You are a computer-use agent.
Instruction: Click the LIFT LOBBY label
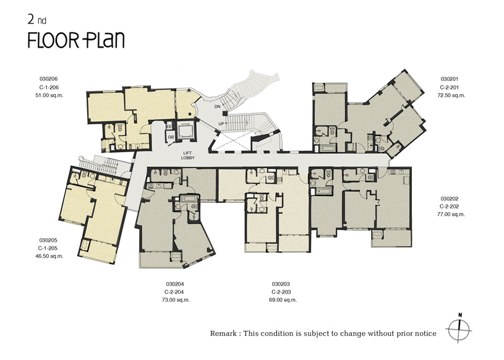(x=188, y=156)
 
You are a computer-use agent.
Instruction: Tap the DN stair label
(x=217, y=106)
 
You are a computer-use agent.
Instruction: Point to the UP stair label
(x=221, y=124)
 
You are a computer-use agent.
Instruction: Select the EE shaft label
(x=169, y=127)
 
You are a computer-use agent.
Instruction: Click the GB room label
(x=171, y=137)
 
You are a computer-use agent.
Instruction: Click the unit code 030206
(x=48, y=79)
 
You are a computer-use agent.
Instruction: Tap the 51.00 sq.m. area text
(x=49, y=95)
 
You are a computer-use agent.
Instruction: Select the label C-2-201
(x=450, y=87)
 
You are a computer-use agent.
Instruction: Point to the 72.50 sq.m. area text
(x=451, y=95)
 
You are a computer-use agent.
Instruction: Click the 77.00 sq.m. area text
(x=451, y=214)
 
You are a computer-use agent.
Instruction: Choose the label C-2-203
(x=281, y=292)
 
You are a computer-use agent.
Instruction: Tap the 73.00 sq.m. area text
(x=176, y=300)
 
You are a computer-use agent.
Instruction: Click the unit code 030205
(x=48, y=240)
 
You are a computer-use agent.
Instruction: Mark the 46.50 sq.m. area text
(x=49, y=256)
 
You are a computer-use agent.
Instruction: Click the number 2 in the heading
(x=31, y=20)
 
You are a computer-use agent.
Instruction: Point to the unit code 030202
(x=450, y=199)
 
